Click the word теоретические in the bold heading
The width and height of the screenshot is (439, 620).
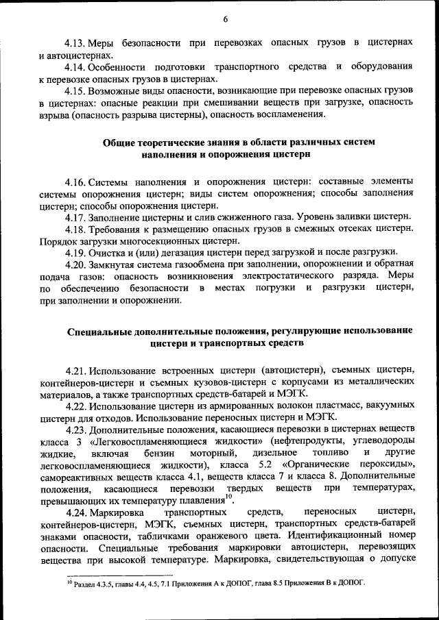tap(176, 142)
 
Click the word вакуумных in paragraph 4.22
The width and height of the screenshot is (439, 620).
tap(388, 406)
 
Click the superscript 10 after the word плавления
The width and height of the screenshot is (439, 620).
tap(229, 495)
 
